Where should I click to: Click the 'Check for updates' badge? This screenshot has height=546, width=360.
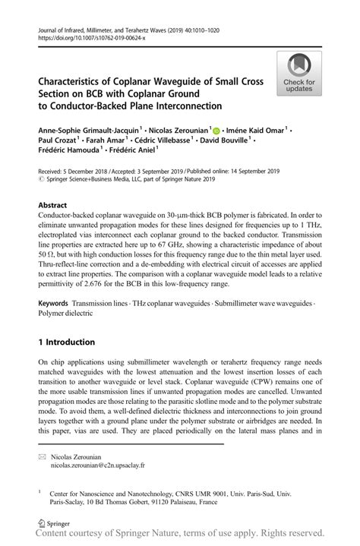pyautogui.click(x=300, y=73)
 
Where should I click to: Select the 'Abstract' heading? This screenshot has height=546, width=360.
pyautogui.click(x=52, y=206)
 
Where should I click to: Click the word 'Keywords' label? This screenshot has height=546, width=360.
pyautogui.click(x=57, y=303)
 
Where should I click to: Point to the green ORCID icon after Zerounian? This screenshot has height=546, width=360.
pyautogui.click(x=216, y=130)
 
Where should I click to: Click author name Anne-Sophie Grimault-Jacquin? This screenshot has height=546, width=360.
pyautogui.click(x=87, y=130)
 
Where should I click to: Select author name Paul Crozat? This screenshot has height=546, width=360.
pyautogui.click(x=60, y=141)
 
